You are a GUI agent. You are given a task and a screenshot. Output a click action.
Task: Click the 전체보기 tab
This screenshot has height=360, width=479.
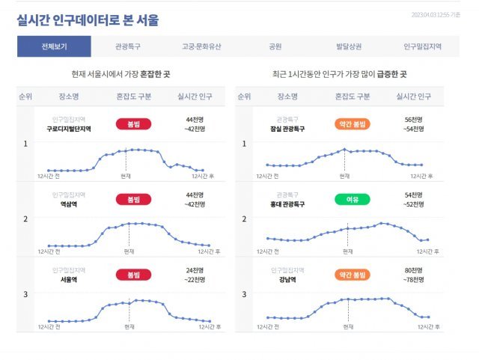pyautogui.click(x=54, y=46)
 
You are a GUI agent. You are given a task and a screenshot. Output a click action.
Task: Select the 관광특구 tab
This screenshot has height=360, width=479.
pyautogui.click(x=128, y=46)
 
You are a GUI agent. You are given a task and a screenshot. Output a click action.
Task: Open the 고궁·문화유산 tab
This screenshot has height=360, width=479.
pyautogui.click(x=201, y=46)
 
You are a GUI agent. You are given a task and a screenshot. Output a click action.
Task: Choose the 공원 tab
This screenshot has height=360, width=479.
pyautogui.click(x=275, y=46)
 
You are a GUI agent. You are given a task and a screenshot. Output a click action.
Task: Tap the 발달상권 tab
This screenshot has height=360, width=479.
pyautogui.click(x=349, y=46)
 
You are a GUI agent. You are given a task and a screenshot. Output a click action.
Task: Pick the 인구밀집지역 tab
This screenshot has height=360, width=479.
pyautogui.click(x=422, y=46)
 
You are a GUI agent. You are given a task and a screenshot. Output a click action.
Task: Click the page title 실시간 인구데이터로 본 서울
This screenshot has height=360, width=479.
pyautogui.click(x=88, y=19)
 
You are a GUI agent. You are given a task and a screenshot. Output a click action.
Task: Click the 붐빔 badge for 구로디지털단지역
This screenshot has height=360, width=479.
pyautogui.click(x=134, y=123)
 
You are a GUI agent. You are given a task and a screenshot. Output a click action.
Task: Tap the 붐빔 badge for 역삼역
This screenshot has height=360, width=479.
pyautogui.click(x=134, y=199)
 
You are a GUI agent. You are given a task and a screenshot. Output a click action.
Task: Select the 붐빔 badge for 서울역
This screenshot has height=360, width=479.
pyautogui.click(x=134, y=275)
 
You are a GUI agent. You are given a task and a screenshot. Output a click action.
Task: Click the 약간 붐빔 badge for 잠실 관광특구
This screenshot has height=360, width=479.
pyautogui.click(x=353, y=123)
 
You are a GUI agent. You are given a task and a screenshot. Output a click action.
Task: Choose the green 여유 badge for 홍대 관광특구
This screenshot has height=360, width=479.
pyautogui.click(x=353, y=199)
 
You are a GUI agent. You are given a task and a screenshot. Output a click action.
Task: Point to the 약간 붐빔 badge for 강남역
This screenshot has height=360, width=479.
pyautogui.click(x=353, y=275)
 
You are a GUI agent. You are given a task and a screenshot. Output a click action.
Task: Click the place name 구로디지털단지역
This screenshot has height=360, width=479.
pyautogui.click(x=69, y=129)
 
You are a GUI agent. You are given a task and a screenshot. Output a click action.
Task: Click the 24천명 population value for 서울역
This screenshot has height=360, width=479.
pyautogui.click(x=195, y=270)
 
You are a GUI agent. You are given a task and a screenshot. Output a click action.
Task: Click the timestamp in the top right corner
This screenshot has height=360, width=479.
pyautogui.click(x=436, y=13)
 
